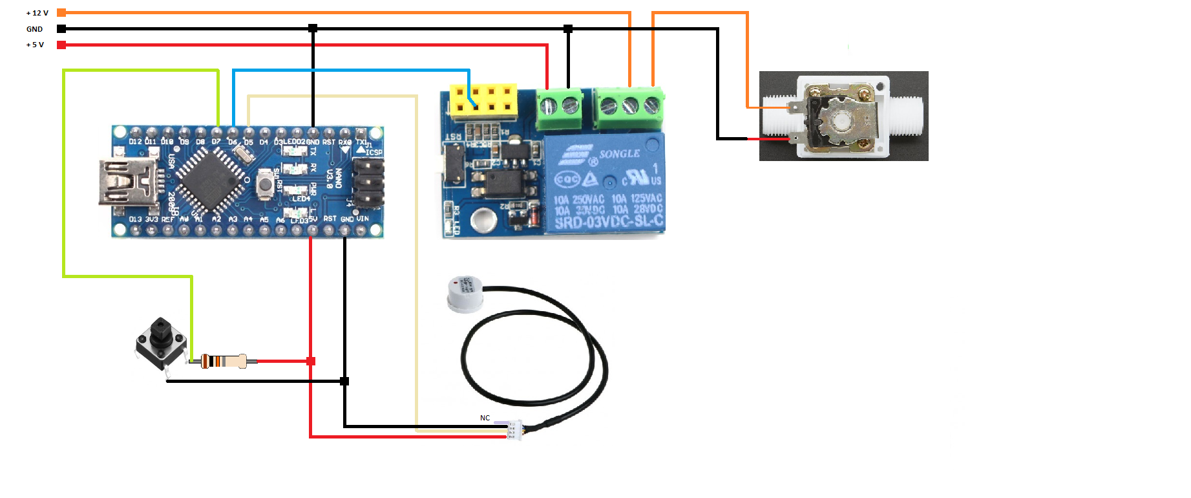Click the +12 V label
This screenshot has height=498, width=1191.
coord(37,13)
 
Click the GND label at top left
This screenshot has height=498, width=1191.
coord(34,29)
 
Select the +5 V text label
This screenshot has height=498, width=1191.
coord(35,45)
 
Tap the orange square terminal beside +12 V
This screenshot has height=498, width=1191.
coord(61,12)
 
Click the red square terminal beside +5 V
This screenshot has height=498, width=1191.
coord(61,45)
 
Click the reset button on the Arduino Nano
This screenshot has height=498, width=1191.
coord(264,184)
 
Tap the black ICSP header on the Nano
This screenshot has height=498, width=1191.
coord(368,182)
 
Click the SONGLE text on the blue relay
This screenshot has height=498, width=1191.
coord(619,154)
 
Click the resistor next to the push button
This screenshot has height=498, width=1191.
coord(223,361)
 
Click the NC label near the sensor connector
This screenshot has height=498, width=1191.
coord(485,418)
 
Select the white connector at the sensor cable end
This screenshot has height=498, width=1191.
coord(514,430)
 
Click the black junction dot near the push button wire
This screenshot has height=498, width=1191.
coord(344,381)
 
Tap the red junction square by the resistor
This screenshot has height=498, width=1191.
coord(311,361)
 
